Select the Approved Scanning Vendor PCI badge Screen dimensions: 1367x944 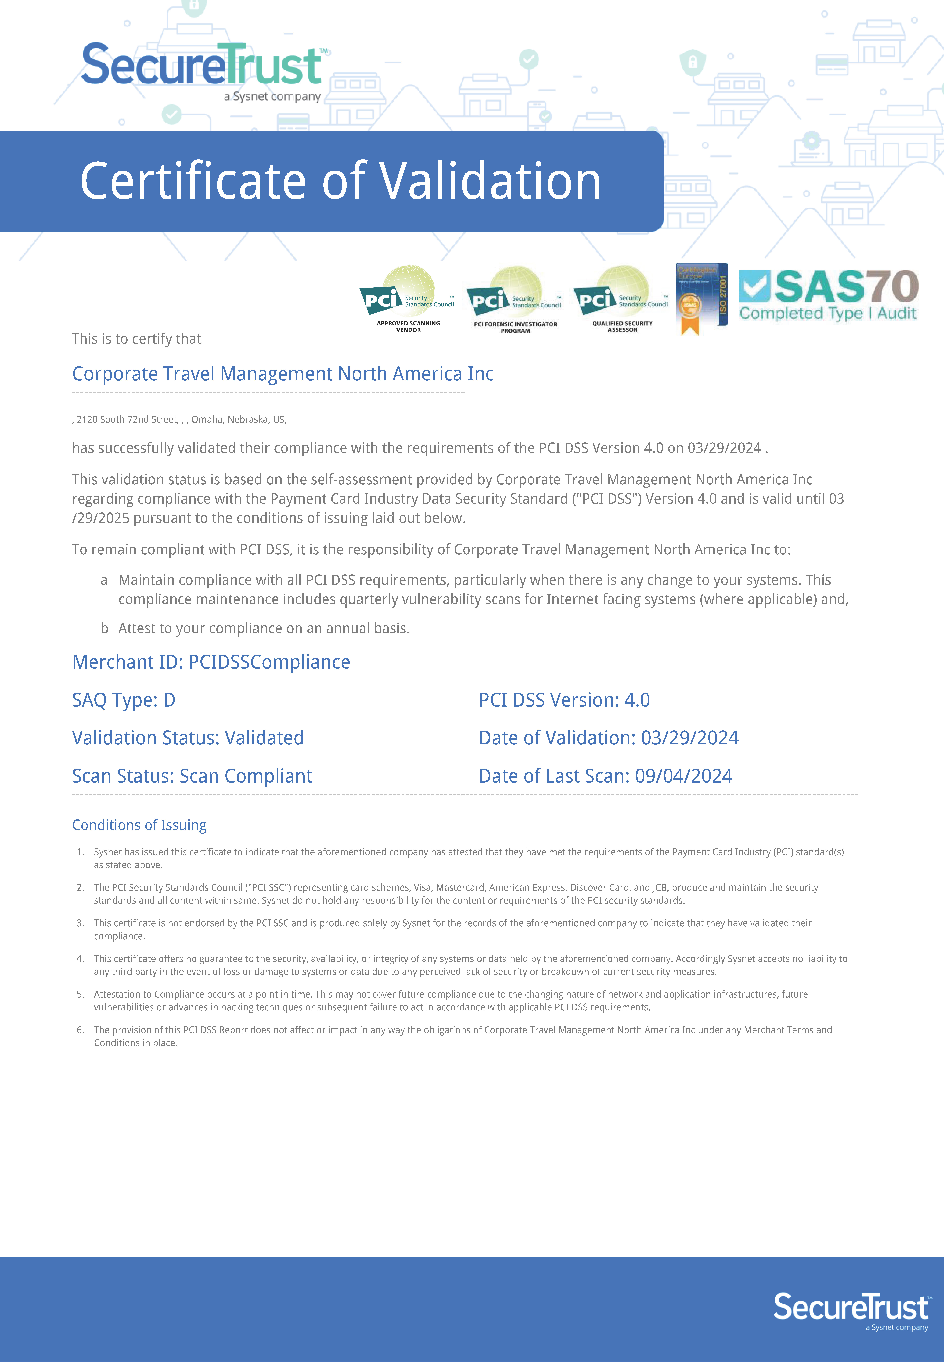[x=408, y=299]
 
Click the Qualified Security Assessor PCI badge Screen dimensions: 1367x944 [x=622, y=299]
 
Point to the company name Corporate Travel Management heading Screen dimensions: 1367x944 [x=283, y=374]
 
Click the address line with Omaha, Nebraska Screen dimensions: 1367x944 [x=179, y=419]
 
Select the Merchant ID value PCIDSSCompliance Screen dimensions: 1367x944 [x=269, y=662]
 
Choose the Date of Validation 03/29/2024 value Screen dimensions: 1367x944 [x=690, y=738]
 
